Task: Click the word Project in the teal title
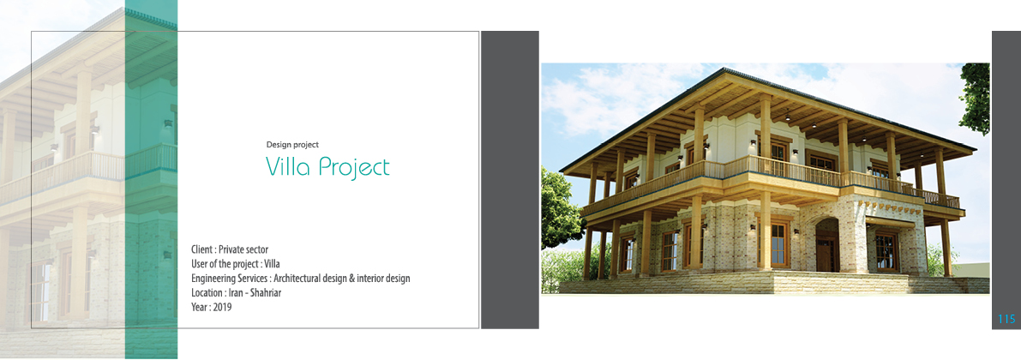pyautogui.click(x=354, y=168)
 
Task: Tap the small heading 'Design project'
pyautogui.click(x=292, y=145)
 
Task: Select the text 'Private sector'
pyautogui.click(x=243, y=249)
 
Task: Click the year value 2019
pyautogui.click(x=222, y=307)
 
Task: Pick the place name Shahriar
pyautogui.click(x=266, y=292)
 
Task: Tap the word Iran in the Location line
pyautogui.click(x=237, y=292)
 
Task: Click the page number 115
pyautogui.click(x=1006, y=319)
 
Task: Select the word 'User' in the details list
pyautogui.click(x=199, y=264)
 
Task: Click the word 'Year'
pyautogui.click(x=199, y=307)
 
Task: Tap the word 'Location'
pyautogui.click(x=207, y=292)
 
